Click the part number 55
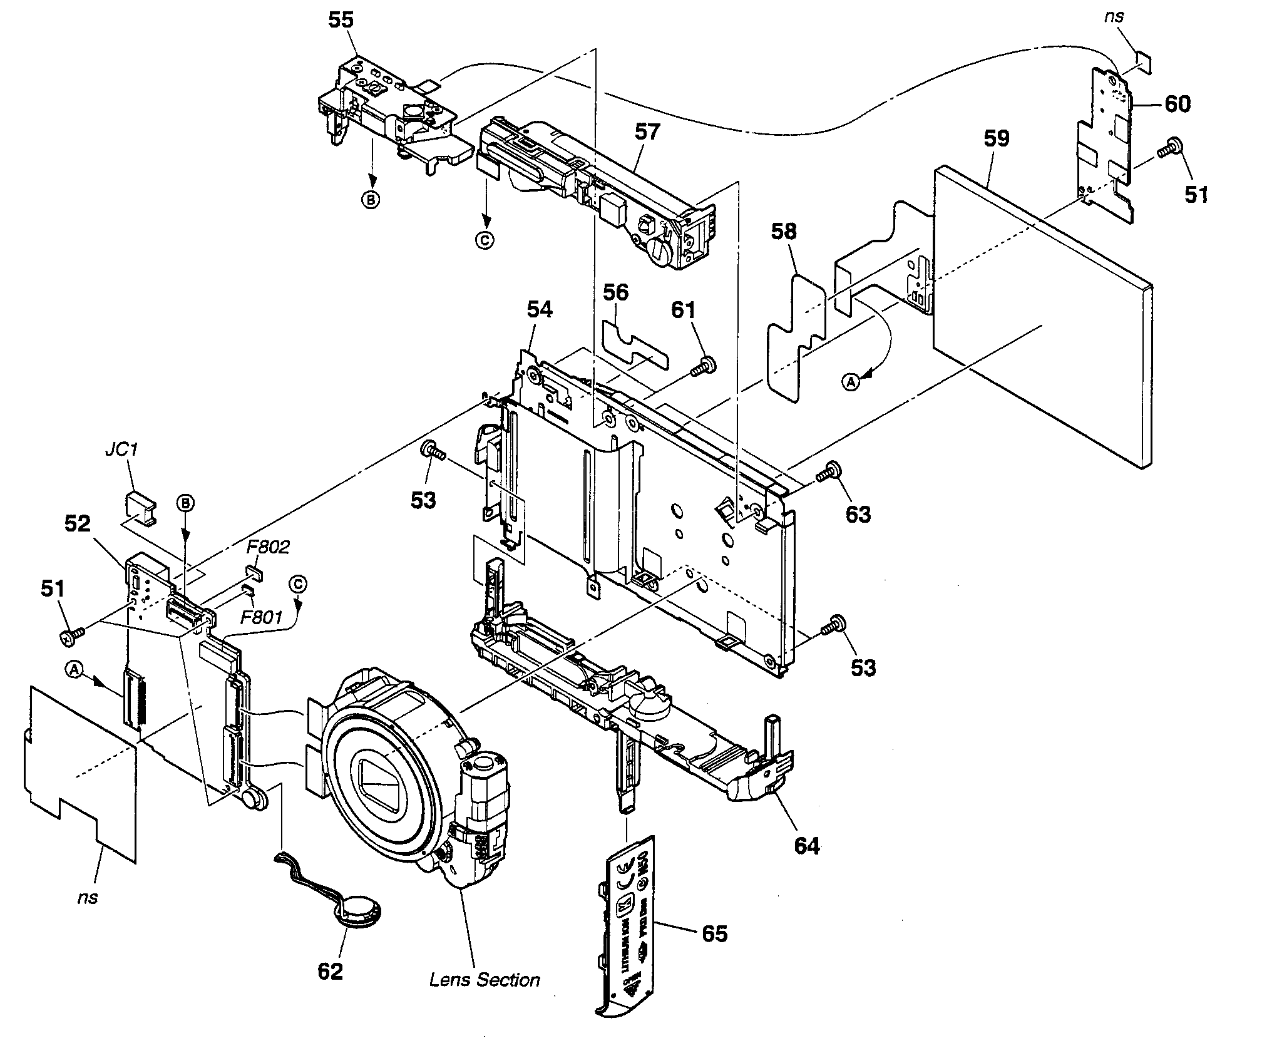(341, 20)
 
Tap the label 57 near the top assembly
(647, 131)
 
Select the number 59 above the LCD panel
(996, 138)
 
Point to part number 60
(1177, 104)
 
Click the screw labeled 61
(705, 366)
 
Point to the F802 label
(267, 547)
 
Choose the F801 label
(262, 618)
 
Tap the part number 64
(806, 846)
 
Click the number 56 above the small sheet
(616, 292)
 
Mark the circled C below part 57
(486, 240)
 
